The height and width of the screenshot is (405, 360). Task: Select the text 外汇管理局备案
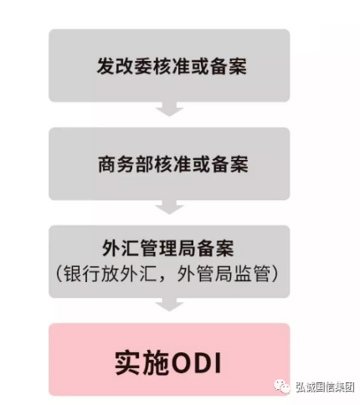pos(168,249)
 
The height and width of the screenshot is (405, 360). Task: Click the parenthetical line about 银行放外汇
pos(167,274)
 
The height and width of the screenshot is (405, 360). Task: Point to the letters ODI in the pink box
pos(197,363)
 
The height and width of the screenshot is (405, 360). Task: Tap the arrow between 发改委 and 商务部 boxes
pos(169,109)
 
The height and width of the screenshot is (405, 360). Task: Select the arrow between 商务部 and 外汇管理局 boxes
pos(169,208)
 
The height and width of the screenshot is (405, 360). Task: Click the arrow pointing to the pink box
pos(169,305)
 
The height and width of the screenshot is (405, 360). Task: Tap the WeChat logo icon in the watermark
pos(281,387)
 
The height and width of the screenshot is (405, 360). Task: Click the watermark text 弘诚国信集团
pos(325,387)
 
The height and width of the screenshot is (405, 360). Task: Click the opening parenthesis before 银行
pos(59,274)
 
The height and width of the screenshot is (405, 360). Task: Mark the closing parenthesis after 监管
pos(275,274)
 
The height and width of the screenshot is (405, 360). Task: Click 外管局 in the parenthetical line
pos(205,274)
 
